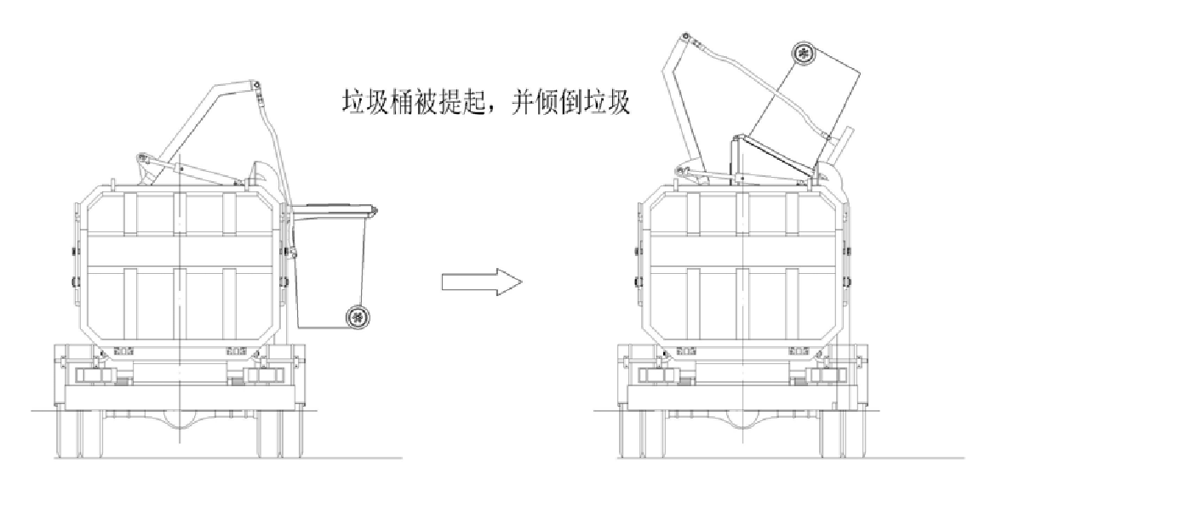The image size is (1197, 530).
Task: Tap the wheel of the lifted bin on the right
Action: coord(804,54)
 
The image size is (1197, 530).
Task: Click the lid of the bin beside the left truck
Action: coord(334,207)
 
